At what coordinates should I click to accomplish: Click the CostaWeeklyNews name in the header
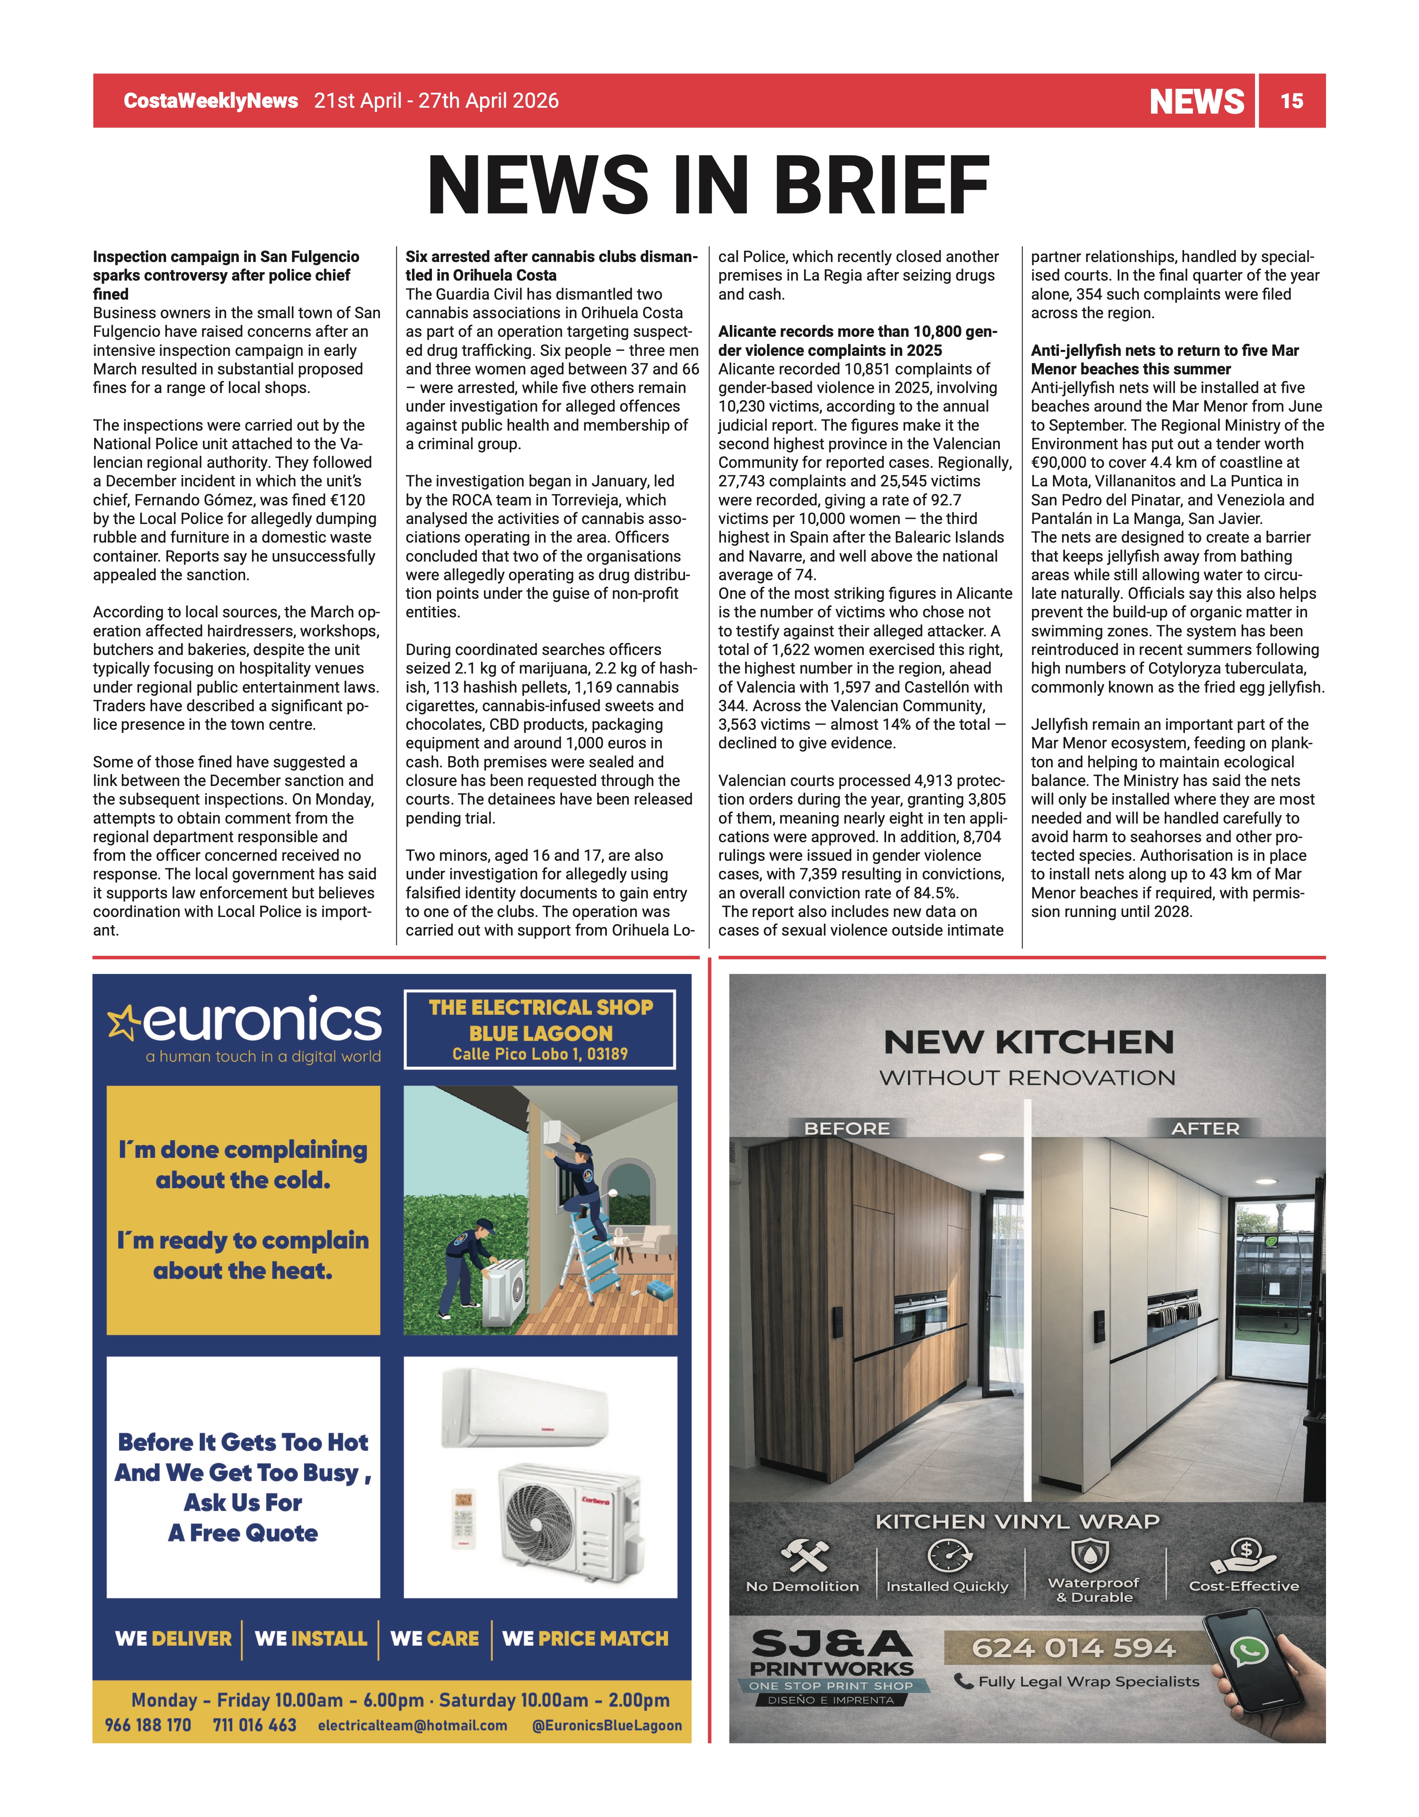click(x=210, y=101)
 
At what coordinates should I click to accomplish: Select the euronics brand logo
click(x=246, y=1022)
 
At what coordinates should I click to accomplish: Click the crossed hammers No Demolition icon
click(x=804, y=1555)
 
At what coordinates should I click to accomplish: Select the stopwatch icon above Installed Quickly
click(x=949, y=1555)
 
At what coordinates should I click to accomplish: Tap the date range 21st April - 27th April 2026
click(x=436, y=101)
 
